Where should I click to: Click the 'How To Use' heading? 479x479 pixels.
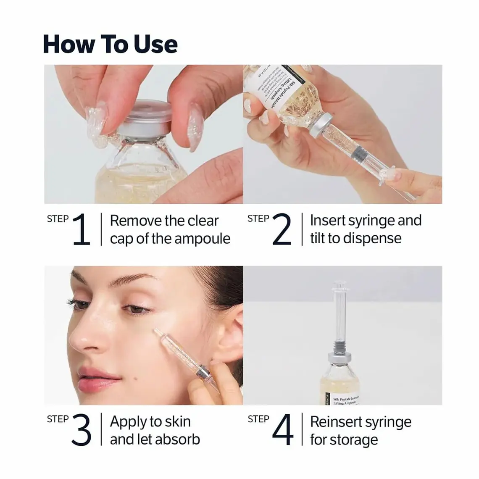coord(110,44)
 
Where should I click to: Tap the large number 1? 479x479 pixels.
coord(81,229)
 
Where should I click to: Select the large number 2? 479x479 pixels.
coord(282,229)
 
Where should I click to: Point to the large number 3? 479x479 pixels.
coord(81,430)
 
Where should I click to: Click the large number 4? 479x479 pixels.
coord(282,430)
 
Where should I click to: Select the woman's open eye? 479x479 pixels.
coord(134,310)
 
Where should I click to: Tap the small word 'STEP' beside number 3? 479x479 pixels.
coord(58,419)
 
